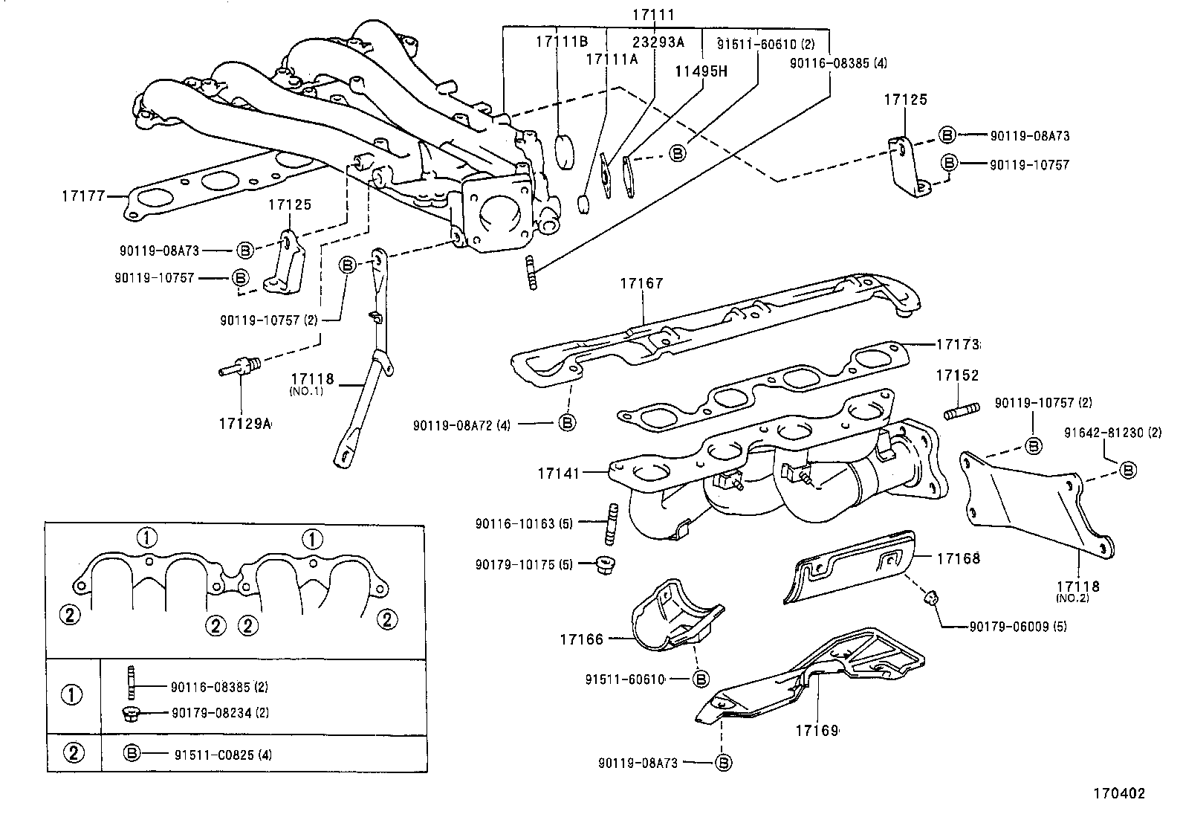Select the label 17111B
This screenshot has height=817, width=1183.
click(562, 42)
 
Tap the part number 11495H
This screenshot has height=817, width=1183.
click(700, 71)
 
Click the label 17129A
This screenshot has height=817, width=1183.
click(244, 424)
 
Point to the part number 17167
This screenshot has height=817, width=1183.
click(641, 283)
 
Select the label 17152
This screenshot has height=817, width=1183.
click(957, 376)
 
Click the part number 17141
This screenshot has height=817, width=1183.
click(559, 471)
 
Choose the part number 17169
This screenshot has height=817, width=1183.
click(816, 731)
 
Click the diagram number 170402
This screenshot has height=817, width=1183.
click(1118, 793)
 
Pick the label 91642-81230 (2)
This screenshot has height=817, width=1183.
click(1112, 432)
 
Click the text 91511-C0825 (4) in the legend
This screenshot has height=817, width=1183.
click(223, 755)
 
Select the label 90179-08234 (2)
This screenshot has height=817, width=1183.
click(220, 713)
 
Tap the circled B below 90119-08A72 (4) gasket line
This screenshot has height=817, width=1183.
click(566, 423)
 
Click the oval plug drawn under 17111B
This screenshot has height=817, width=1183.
click(566, 151)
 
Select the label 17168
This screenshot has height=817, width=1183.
click(958, 558)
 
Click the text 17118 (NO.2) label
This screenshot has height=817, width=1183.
click(1080, 590)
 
